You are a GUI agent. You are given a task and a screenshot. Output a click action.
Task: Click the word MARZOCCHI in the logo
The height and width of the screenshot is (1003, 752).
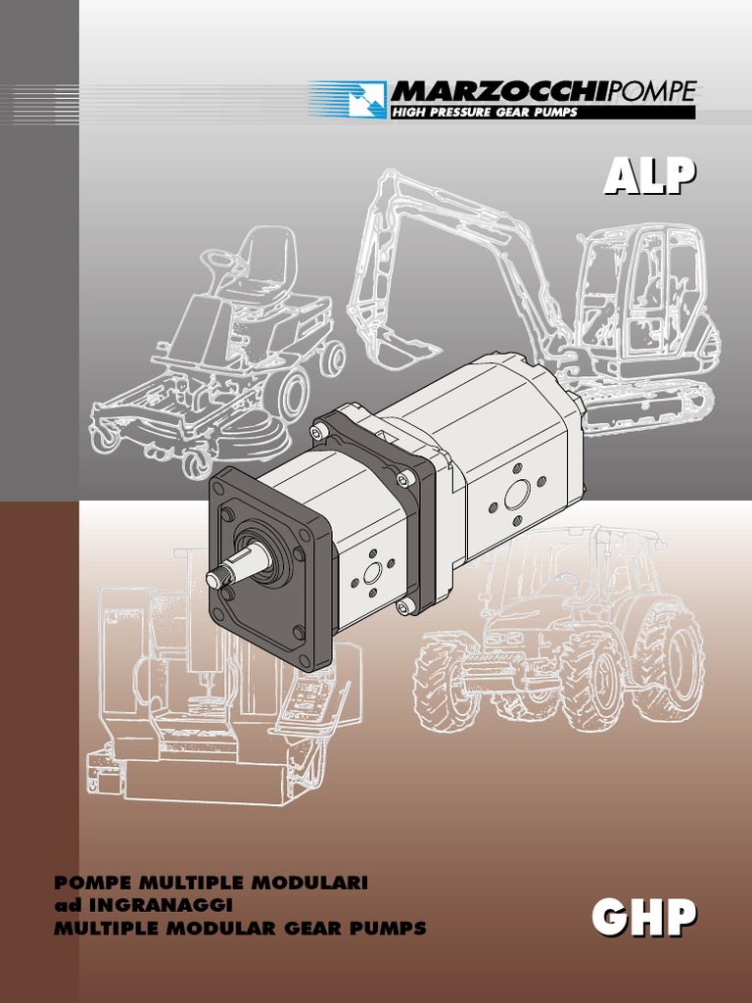coord(498,91)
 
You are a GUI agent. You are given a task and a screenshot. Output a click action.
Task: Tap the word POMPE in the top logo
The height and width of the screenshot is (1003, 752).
coord(650,91)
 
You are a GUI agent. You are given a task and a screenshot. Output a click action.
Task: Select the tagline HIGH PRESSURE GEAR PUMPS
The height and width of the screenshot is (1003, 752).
coord(484,113)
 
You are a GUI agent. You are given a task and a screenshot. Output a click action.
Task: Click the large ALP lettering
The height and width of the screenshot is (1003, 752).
coord(650,176)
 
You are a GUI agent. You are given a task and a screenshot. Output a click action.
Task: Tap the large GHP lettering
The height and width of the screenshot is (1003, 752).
coord(644,916)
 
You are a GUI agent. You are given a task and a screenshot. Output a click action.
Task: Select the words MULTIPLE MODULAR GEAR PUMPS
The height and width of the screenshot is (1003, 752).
coord(240,929)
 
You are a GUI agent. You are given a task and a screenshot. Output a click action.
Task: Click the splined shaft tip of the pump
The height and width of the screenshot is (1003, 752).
coord(218,578)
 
